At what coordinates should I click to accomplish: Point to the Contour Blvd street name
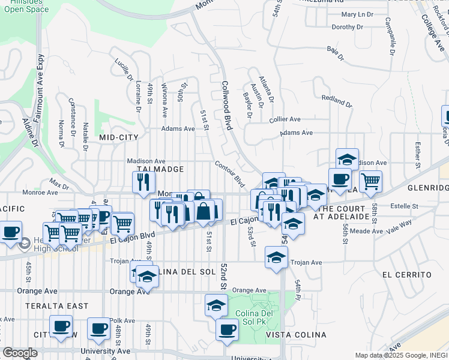[230, 173]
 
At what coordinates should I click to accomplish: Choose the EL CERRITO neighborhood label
[406, 274]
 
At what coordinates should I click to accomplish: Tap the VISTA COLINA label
[295, 334]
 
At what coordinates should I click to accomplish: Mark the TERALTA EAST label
[57, 306]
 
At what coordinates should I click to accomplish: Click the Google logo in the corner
[20, 353]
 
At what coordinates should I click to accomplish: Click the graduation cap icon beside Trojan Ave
[276, 257]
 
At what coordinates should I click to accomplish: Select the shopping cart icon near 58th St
[370, 181]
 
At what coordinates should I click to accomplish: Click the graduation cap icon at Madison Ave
[347, 160]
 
